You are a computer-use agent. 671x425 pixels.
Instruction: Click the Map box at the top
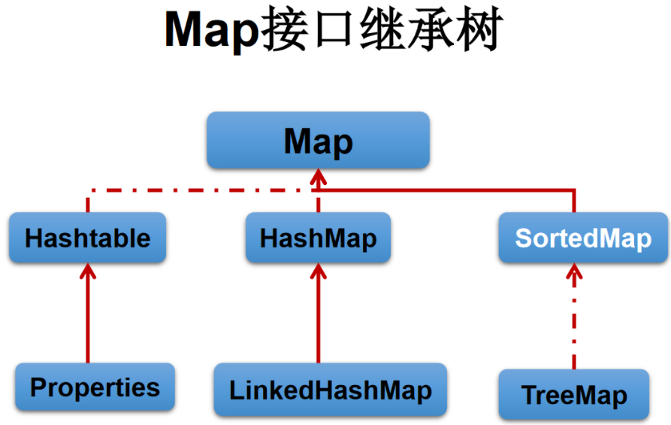click(318, 141)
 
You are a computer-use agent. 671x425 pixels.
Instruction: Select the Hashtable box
click(88, 238)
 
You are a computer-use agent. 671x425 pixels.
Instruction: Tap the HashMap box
click(318, 238)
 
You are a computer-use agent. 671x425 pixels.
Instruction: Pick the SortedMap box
click(583, 238)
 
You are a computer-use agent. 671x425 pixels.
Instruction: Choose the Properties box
click(95, 387)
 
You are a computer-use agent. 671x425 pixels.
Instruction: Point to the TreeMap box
click(573, 394)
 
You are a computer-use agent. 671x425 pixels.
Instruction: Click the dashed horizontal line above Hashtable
click(188, 190)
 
